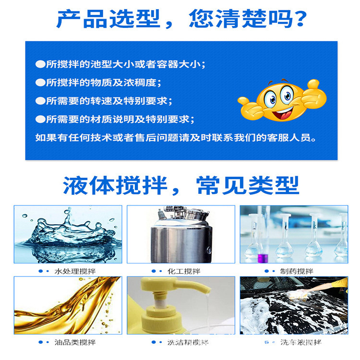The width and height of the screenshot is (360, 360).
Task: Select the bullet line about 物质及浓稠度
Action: coord(96,83)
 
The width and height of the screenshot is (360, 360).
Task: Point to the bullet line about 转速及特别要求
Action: coord(104,101)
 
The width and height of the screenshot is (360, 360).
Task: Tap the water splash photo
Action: coord(68,234)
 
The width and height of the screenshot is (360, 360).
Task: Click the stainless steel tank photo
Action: coord(180,234)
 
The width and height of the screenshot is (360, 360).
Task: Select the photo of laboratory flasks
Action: coord(294,234)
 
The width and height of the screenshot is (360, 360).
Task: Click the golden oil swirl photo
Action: coord(68,305)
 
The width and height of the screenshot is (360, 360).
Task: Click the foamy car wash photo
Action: coord(294,305)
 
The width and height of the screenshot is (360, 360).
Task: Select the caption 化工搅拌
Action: coord(184,271)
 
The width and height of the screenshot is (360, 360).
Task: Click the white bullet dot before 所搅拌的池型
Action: coord(40,64)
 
